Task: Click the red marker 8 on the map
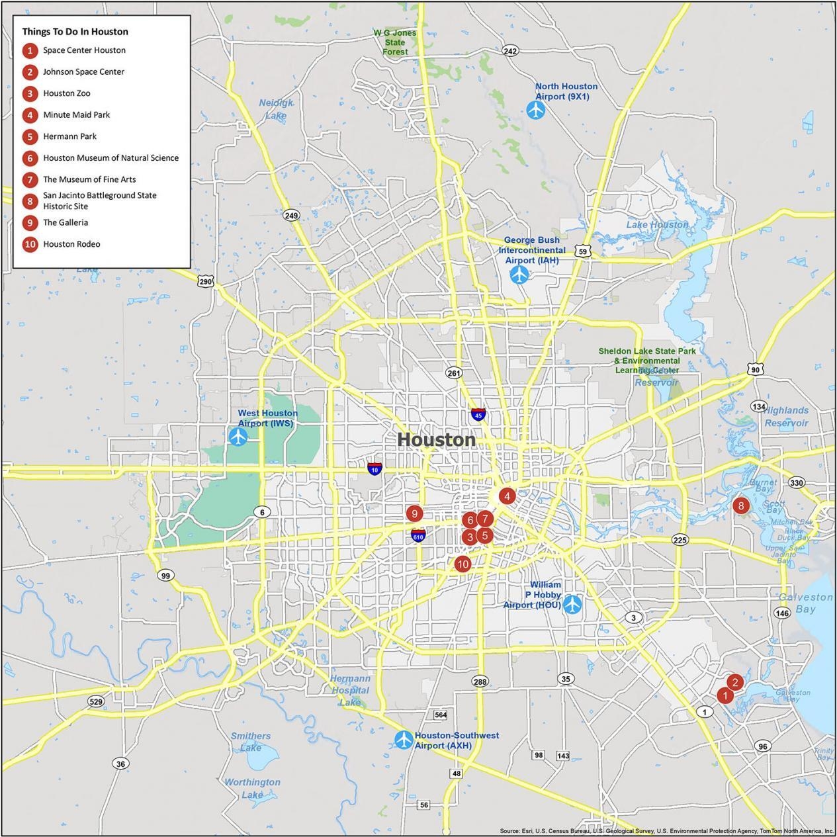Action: tap(740, 506)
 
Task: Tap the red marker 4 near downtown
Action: tap(507, 496)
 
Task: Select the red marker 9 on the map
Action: tap(415, 513)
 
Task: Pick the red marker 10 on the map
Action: tap(462, 564)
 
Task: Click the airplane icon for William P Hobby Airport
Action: tap(572, 604)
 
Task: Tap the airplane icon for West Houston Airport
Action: tap(238, 437)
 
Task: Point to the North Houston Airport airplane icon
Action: tap(536, 110)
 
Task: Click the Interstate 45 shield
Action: tap(478, 414)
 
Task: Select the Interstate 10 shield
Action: tap(374, 468)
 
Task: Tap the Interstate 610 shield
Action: tap(418, 535)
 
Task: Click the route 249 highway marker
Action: tap(291, 215)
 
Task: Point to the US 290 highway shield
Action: tap(205, 281)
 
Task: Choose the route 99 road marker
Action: tap(165, 576)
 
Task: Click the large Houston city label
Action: tap(436, 440)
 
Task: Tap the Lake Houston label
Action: tap(657, 224)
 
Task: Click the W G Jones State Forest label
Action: tap(395, 42)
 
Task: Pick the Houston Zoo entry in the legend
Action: tap(66, 93)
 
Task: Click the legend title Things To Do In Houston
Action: tap(75, 31)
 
